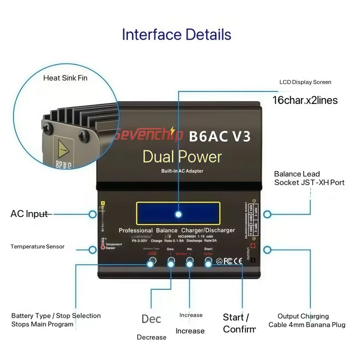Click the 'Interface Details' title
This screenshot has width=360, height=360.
pos(176,35)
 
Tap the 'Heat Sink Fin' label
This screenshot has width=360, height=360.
pos(65,78)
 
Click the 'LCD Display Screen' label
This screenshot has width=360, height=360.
pos(305,82)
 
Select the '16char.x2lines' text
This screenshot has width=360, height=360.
pos(305,100)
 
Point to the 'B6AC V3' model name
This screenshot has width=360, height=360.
pos(220,136)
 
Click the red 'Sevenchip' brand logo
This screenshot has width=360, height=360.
pos(148,135)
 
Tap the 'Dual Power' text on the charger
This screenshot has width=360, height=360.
pos(182,157)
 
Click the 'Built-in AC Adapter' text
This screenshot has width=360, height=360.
pos(182,171)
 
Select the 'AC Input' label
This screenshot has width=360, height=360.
pos(29,214)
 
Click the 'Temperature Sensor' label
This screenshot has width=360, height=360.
pos(37,247)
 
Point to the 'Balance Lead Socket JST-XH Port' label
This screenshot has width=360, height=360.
pos(309,178)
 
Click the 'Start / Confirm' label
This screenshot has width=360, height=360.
pos(239,323)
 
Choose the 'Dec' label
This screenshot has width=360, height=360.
pos(151,319)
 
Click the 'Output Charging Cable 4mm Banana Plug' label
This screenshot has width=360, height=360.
pos(307,320)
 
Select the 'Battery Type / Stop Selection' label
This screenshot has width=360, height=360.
pos(56,316)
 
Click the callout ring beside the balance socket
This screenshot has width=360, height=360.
pos(267,214)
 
